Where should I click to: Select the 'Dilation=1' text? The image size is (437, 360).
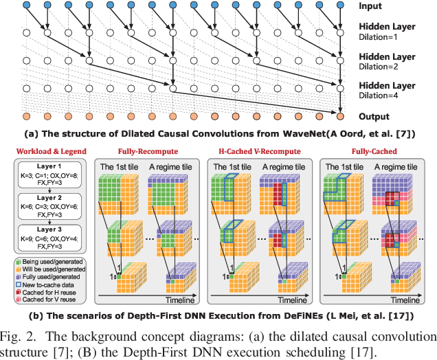click(x=388, y=36)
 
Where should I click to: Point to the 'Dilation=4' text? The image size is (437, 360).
click(x=388, y=95)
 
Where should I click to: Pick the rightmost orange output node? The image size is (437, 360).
click(x=341, y=116)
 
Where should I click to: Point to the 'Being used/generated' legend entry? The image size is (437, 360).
click(x=49, y=262)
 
